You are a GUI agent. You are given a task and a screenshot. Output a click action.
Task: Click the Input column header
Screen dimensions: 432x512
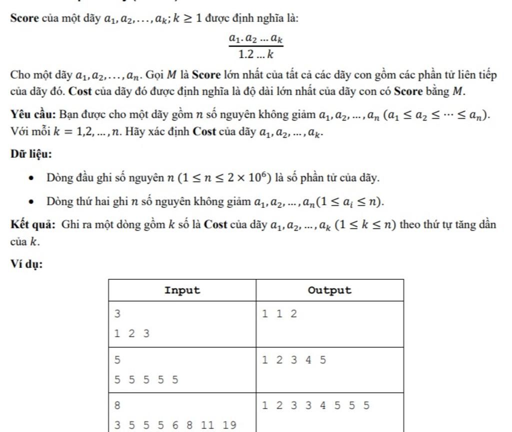click(182, 290)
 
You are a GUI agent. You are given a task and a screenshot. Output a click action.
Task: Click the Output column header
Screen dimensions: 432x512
click(329, 290)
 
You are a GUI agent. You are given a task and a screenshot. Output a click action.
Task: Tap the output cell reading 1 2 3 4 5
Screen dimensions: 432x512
click(294, 360)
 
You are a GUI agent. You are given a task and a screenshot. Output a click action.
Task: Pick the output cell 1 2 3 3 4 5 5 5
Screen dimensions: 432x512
click(315, 405)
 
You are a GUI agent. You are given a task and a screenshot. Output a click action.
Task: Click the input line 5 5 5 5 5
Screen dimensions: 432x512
click(146, 379)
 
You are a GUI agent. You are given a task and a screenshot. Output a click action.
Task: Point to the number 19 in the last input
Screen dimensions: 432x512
click(229, 425)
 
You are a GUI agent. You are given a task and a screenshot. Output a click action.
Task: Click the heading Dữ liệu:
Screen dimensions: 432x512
click(31, 154)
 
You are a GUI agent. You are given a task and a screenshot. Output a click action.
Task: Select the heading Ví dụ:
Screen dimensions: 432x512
click(26, 265)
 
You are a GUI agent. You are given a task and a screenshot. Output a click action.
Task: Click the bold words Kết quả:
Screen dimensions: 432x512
click(33, 224)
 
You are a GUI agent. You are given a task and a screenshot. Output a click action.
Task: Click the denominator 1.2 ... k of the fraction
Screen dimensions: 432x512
click(255, 54)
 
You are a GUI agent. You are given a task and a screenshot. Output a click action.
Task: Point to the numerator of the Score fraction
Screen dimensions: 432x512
click(256, 38)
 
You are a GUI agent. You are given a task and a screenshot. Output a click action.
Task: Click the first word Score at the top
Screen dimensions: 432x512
click(24, 19)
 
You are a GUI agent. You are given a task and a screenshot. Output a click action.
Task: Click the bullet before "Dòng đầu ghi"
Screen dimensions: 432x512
click(32, 178)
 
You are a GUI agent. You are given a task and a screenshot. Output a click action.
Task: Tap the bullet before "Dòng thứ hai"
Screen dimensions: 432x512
click(32, 202)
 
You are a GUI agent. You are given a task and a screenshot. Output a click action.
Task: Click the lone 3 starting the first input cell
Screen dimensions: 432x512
click(117, 314)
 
